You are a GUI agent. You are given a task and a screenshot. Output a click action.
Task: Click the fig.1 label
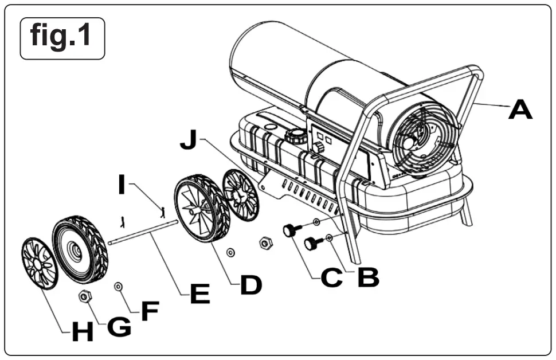click(62, 38)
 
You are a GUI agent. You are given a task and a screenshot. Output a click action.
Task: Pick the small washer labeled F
click(119, 285)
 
